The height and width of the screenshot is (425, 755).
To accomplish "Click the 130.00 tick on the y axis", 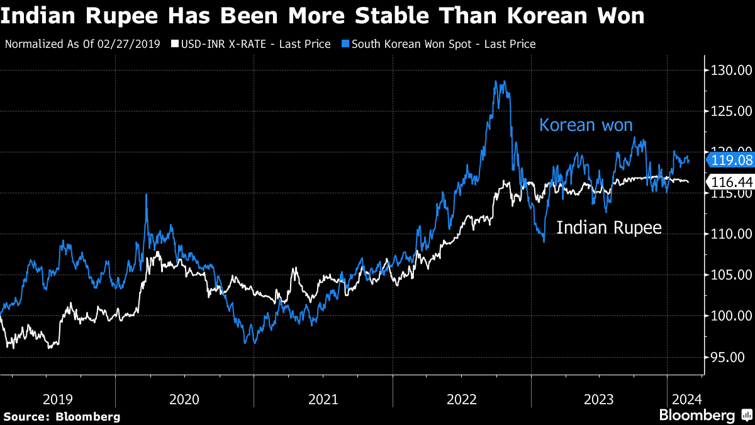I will pyautogui.click(x=730, y=70).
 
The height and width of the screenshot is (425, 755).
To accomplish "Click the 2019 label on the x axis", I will pyautogui.click(x=58, y=399).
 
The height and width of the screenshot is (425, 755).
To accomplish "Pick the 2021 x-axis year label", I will pyautogui.click(x=323, y=399).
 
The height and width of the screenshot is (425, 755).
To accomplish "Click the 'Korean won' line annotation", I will pyautogui.click(x=586, y=125).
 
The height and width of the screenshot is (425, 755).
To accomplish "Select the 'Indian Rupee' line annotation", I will pyautogui.click(x=609, y=227).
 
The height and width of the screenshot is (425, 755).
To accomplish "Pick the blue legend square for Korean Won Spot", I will pyautogui.click(x=345, y=44).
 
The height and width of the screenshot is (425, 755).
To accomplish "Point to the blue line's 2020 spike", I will pyautogui.click(x=147, y=195).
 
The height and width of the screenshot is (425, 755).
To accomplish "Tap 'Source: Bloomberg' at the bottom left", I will pyautogui.click(x=62, y=416).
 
